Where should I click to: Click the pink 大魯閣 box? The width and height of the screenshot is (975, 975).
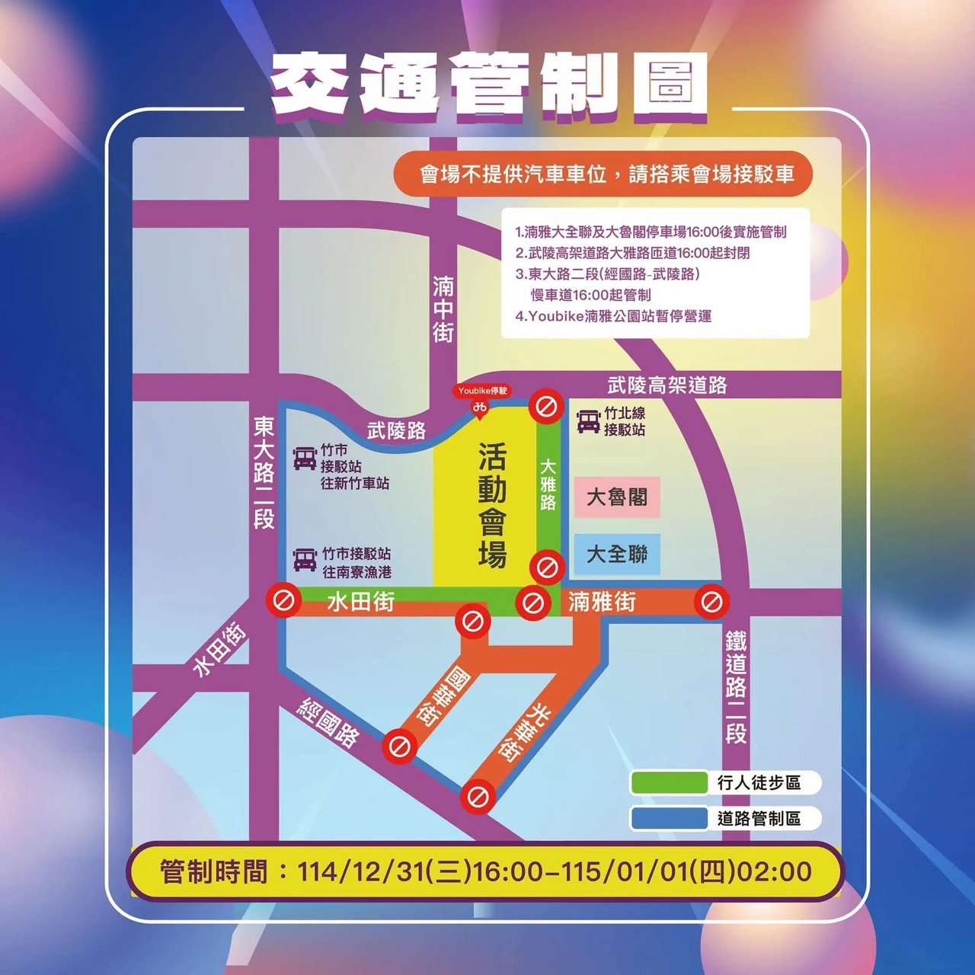click(x=616, y=497)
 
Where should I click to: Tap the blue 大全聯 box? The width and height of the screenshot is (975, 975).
click(x=616, y=554)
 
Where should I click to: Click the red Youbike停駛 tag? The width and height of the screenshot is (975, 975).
click(x=482, y=391)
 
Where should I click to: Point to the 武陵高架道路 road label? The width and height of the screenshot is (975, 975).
click(x=667, y=385)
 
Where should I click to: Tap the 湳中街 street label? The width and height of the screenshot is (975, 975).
click(x=443, y=308)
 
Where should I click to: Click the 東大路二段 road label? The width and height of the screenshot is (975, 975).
click(x=264, y=472)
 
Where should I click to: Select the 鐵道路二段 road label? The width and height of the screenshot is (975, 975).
click(x=735, y=686)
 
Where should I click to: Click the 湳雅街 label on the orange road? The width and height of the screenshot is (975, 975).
click(x=602, y=602)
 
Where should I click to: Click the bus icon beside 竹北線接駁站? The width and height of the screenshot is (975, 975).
click(x=588, y=421)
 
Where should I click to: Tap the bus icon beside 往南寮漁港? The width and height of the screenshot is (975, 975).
click(x=305, y=560)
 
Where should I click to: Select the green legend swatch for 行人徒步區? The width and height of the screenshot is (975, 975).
click(x=669, y=782)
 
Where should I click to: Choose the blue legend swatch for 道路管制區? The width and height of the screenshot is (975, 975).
click(x=669, y=818)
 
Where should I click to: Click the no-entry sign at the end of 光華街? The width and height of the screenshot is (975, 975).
click(x=478, y=798)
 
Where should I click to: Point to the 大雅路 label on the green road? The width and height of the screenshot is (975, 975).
click(x=548, y=484)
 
